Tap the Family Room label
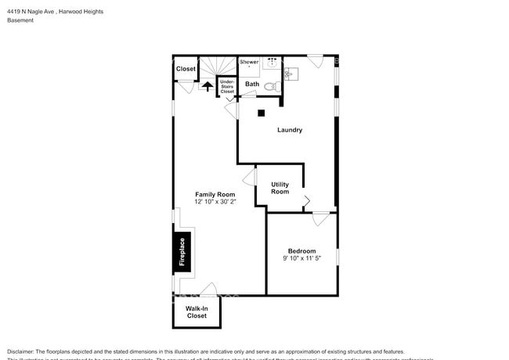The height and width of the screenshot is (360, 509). pyautogui.click(x=215, y=193)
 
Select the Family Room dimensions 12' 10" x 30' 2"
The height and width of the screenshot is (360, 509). pyautogui.click(x=215, y=202)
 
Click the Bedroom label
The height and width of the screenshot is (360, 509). pyautogui.click(x=301, y=250)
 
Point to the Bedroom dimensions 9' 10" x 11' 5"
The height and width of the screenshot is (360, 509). pyautogui.click(x=301, y=258)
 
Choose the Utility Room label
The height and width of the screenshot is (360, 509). pyautogui.click(x=280, y=188)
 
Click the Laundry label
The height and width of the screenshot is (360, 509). pyautogui.click(x=289, y=130)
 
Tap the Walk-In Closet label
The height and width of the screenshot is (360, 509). pyautogui.click(x=196, y=312)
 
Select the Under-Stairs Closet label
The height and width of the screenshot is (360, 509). pyautogui.click(x=227, y=86)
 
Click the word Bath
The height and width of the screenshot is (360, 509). pyautogui.click(x=252, y=84)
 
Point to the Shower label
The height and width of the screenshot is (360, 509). pyautogui.click(x=249, y=62)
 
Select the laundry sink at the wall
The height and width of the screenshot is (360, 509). pyautogui.click(x=291, y=74)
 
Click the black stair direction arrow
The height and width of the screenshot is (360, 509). pyautogui.click(x=208, y=86)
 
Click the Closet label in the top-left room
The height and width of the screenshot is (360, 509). pyautogui.click(x=186, y=69)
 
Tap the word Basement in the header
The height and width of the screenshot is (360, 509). pyautogui.click(x=20, y=21)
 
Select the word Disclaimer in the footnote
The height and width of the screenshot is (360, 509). pyautogui.click(x=21, y=351)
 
